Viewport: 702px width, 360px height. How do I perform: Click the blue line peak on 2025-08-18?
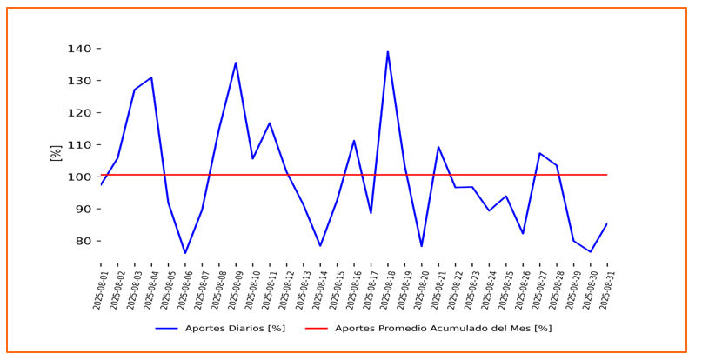[x=388, y=51]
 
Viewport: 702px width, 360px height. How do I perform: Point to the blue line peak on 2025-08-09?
[x=236, y=63]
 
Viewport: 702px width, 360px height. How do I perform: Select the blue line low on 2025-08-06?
[x=185, y=253]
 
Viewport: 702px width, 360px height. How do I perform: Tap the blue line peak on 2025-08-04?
[x=151, y=77]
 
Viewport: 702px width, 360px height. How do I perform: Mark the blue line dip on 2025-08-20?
[x=422, y=246]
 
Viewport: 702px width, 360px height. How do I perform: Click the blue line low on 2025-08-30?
[x=591, y=252]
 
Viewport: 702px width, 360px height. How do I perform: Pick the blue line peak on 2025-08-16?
[x=354, y=141]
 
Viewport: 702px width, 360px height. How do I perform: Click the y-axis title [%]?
[x=57, y=153]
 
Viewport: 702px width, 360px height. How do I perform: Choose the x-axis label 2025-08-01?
[x=99, y=290]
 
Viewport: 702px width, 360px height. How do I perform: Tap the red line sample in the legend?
[x=317, y=329]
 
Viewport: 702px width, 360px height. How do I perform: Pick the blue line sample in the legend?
[x=166, y=329]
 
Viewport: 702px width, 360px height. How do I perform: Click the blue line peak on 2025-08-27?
[x=539, y=153]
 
